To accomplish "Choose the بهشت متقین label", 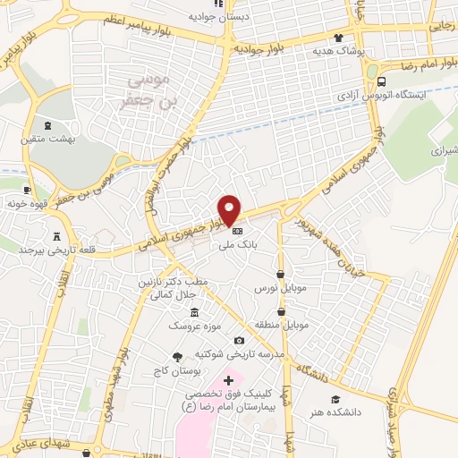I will coord(47,140).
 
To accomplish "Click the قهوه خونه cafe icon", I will coord(27,189).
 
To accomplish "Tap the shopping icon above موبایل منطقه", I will coord(282,312).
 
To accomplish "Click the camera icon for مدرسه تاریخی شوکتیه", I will coord(238,340).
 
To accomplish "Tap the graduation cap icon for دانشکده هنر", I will coord(335,399).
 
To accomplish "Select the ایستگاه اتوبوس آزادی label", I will coord(378,93).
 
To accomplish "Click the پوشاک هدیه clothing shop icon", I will coord(338,38).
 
